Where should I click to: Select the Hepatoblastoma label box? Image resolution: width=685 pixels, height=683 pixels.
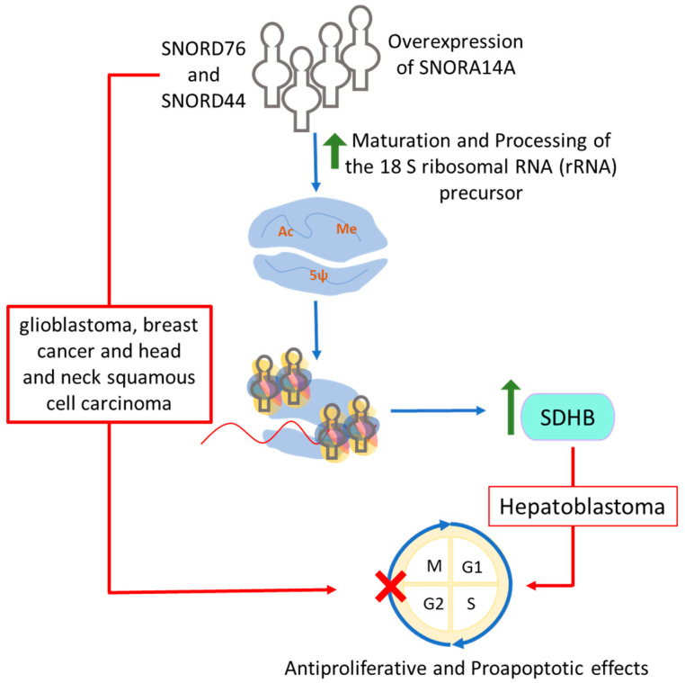coord(581,508)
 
